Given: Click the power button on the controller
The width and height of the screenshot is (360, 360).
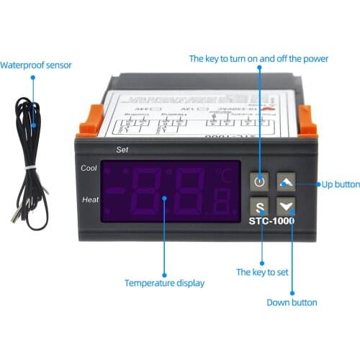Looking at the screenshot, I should click(260, 181).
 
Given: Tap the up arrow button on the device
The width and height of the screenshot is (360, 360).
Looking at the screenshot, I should click(287, 181).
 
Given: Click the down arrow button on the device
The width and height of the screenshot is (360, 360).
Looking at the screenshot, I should click(287, 204).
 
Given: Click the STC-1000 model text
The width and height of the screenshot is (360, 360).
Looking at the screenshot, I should click(271, 221).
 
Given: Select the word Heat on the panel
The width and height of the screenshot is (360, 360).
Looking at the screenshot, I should click(91, 199).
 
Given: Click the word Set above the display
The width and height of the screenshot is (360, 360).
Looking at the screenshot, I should click(122, 150).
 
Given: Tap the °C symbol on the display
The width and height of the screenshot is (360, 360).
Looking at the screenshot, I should click(228, 174).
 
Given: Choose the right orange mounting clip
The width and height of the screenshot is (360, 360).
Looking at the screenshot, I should click(307, 120).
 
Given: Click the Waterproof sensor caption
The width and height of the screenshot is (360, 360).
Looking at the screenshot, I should click(36, 65).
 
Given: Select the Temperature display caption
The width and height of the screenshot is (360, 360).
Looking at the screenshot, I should click(164, 283).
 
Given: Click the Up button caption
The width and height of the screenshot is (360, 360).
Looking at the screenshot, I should click(340, 184).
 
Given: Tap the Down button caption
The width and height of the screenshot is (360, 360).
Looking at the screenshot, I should click(292, 302).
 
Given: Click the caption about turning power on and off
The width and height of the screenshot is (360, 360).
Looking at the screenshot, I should click(258, 58).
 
